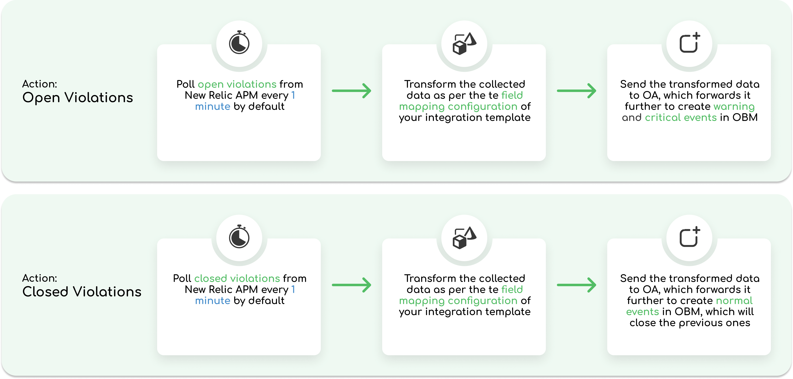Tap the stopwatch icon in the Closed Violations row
(x=239, y=237)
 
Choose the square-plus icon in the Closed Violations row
(x=689, y=237)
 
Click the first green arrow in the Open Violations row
(x=351, y=91)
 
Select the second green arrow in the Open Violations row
(x=577, y=91)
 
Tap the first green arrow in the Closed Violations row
(x=351, y=285)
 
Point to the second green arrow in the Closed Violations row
(x=577, y=285)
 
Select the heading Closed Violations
(x=82, y=292)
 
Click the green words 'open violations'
(x=237, y=84)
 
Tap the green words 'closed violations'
(x=237, y=278)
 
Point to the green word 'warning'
(x=734, y=107)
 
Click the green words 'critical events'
(x=681, y=117)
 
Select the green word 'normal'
(x=734, y=300)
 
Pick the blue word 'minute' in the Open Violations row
(x=212, y=107)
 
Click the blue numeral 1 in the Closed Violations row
(x=293, y=289)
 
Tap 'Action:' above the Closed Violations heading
(x=40, y=278)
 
